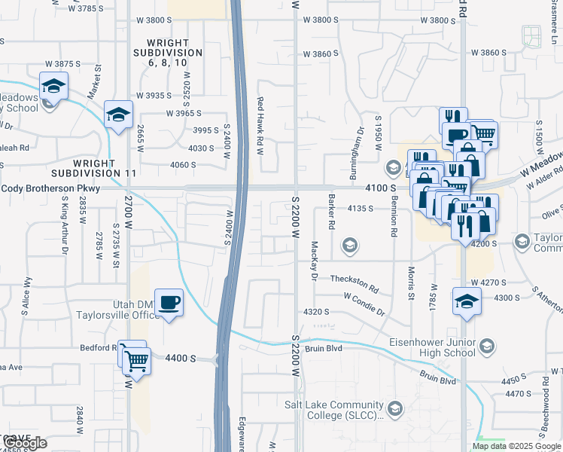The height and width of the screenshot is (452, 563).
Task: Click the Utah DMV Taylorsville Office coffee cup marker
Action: [169, 302]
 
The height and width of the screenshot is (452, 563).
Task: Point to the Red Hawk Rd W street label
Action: [260, 126]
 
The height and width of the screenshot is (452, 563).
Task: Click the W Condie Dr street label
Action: [364, 304]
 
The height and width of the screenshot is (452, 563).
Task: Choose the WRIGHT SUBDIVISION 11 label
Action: [105, 168]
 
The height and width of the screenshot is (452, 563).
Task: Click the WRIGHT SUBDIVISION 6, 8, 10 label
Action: [168, 53]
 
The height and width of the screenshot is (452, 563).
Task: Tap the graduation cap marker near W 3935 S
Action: [118, 115]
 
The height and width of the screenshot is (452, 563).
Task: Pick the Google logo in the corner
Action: [25, 442]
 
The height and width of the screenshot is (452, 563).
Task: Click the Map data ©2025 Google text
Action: [516, 446]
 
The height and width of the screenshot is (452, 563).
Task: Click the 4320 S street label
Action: [316, 311]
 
